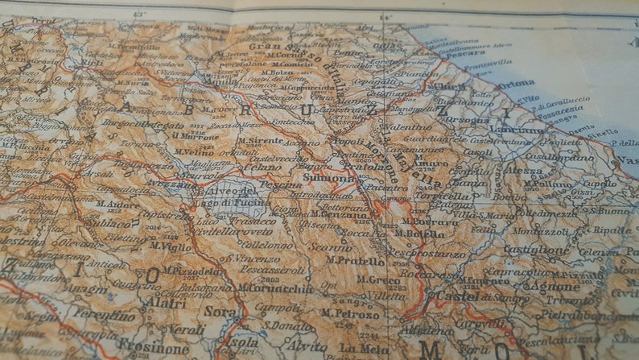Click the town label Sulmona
pyautogui.click(x=328, y=178)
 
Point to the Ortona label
pyautogui.click(x=516, y=84)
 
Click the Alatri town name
pyautogui.click(x=167, y=303)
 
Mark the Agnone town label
pyautogui.click(x=551, y=286)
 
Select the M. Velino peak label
pyautogui.click(x=192, y=151)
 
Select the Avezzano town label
pyautogui.click(x=171, y=181)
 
